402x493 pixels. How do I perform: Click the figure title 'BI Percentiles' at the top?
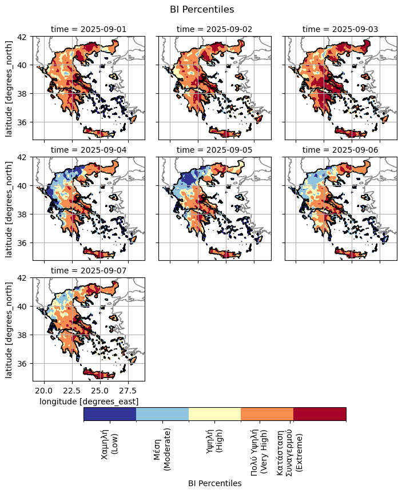[x=202, y=9]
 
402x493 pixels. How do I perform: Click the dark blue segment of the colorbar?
[x=110, y=414]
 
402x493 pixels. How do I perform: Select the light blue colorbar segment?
[x=162, y=414]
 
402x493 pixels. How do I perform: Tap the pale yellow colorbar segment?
[x=214, y=414]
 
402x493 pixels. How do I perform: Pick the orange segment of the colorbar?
[x=267, y=414]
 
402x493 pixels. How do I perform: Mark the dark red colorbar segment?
[x=320, y=414]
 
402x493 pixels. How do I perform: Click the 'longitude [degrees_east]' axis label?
[x=89, y=401]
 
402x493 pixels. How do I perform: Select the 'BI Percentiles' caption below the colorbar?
[x=214, y=483]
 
